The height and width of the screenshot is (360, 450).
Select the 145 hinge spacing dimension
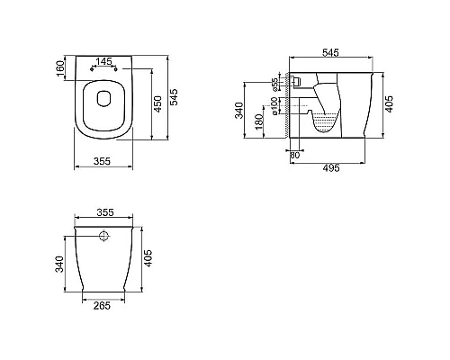102,61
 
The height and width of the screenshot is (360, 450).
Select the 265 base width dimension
103,305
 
